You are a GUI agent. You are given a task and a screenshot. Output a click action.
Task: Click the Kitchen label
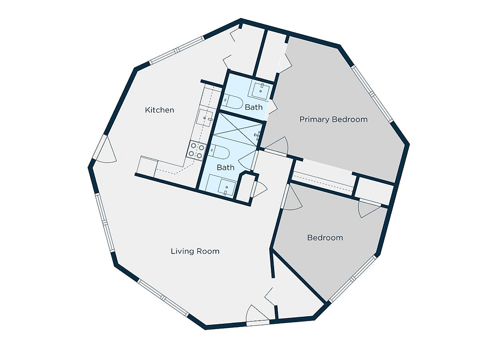pos(159,110)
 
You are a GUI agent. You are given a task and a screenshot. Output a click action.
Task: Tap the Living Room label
pos(195,251)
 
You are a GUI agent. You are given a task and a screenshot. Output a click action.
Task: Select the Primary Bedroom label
pos(333,119)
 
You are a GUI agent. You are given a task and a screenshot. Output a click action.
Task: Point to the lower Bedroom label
pos(325,237)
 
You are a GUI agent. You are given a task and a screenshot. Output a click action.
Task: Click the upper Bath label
pos(254,107)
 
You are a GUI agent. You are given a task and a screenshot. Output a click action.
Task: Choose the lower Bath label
pos(226,167)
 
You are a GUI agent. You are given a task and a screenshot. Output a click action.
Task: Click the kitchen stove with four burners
pos(196,150)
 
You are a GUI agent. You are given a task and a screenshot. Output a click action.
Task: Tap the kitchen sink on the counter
pos(204,117)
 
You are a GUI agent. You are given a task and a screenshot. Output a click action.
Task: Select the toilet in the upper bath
pos(232,102)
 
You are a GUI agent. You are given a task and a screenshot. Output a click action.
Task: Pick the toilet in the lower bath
pos(219,153)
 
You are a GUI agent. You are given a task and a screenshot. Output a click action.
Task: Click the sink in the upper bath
pos(260,91)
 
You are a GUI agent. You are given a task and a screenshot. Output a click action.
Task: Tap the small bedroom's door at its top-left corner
pos(292,197)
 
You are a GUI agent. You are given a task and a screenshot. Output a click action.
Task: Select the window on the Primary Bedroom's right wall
pos(372,94)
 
